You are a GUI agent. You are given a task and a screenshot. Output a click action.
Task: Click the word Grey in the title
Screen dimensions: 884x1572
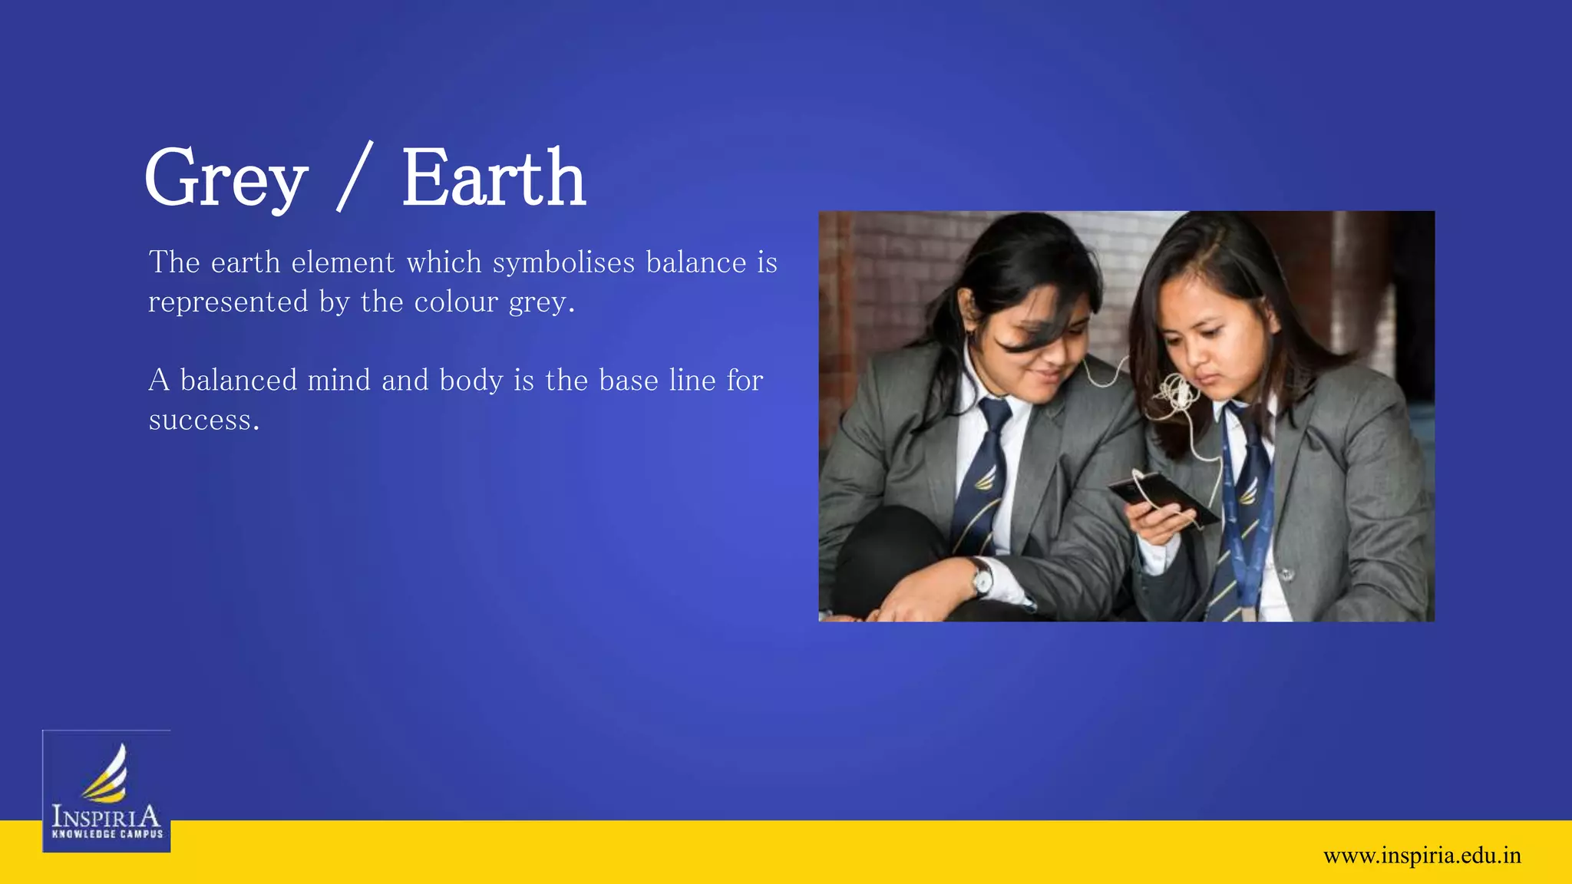pyautogui.click(x=226, y=179)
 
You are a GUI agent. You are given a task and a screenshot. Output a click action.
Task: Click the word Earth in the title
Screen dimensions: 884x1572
pyautogui.click(x=494, y=179)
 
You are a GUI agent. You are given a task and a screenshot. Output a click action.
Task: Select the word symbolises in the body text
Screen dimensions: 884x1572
pyautogui.click(x=563, y=263)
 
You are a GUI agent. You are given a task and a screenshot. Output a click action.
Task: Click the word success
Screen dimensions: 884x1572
pyautogui.click(x=203, y=421)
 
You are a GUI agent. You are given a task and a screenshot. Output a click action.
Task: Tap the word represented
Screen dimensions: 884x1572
pyautogui.click(x=228, y=302)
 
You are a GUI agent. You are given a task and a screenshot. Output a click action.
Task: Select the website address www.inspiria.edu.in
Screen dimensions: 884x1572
pyautogui.click(x=1422, y=856)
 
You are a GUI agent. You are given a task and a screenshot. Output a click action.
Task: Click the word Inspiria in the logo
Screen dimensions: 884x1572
pyautogui.click(x=106, y=816)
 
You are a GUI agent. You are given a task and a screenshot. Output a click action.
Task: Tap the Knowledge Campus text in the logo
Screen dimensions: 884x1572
pyautogui.click(x=107, y=834)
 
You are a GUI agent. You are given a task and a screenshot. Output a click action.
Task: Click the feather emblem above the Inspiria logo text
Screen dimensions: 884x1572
pyautogui.click(x=107, y=773)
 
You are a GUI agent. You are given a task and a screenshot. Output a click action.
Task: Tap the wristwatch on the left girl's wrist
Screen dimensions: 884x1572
pyautogui.click(x=980, y=577)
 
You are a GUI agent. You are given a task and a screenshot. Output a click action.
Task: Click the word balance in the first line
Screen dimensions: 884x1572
pyautogui.click(x=695, y=263)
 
